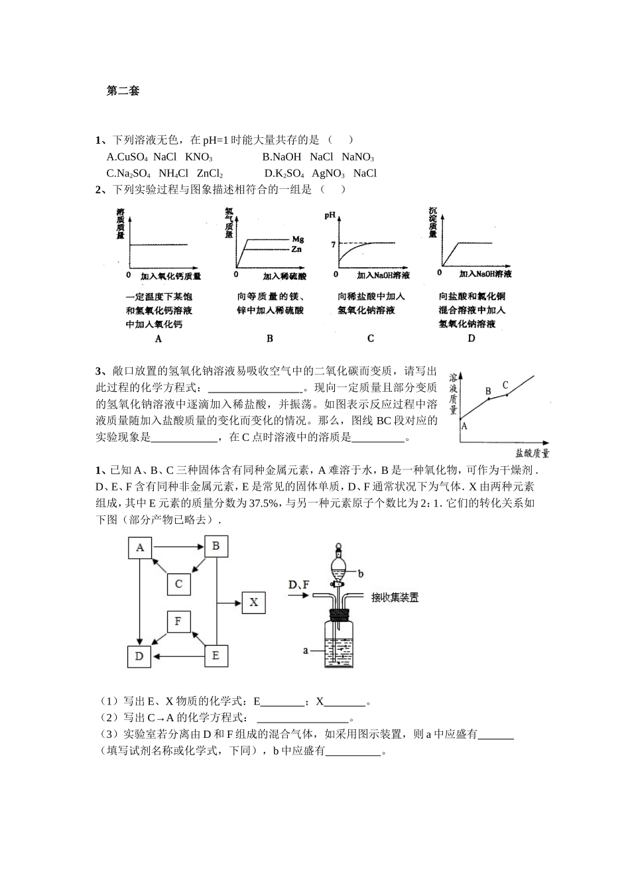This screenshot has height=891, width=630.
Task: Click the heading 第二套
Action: [123, 91]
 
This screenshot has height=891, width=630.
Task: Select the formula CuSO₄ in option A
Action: [132, 157]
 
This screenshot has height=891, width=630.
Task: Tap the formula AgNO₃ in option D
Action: [328, 174]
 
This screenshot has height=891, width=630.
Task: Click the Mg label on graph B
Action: [298, 239]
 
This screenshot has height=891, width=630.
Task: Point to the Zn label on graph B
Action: [297, 249]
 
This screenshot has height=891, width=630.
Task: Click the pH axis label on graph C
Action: [330, 215]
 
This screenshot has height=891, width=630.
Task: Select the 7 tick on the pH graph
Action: [333, 244]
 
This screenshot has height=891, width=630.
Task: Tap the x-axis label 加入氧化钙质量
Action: [170, 276]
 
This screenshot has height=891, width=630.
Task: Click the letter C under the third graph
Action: [371, 339]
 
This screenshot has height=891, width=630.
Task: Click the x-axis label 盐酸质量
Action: [532, 454]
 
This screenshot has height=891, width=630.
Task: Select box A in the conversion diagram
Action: [140, 548]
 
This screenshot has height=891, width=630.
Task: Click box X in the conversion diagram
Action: [254, 603]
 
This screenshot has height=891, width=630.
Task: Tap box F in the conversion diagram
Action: [178, 622]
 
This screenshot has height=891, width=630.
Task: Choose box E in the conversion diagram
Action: [216, 656]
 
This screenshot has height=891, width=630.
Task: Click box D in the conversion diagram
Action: [139, 656]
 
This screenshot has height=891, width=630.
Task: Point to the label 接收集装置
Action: [395, 597]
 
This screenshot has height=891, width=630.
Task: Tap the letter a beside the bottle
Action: [306, 650]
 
